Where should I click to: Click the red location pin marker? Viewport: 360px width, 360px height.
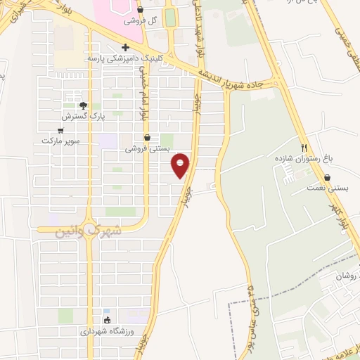click(x=181, y=165)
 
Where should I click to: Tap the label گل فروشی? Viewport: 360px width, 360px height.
click(x=141, y=20)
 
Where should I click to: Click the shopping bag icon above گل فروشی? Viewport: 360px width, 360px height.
click(x=141, y=10)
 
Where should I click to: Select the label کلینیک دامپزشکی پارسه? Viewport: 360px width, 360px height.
click(x=117, y=58)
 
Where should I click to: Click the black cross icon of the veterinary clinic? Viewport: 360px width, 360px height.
click(x=125, y=48)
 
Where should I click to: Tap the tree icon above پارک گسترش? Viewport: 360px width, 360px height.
click(x=83, y=105)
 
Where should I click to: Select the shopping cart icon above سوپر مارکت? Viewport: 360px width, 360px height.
click(x=61, y=130)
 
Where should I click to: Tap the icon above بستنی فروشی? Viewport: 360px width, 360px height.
click(x=147, y=138)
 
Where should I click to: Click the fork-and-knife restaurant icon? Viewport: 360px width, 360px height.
click(x=304, y=148)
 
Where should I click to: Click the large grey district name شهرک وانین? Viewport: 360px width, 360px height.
click(x=88, y=230)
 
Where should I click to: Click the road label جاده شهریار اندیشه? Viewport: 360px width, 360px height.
click(x=236, y=76)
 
